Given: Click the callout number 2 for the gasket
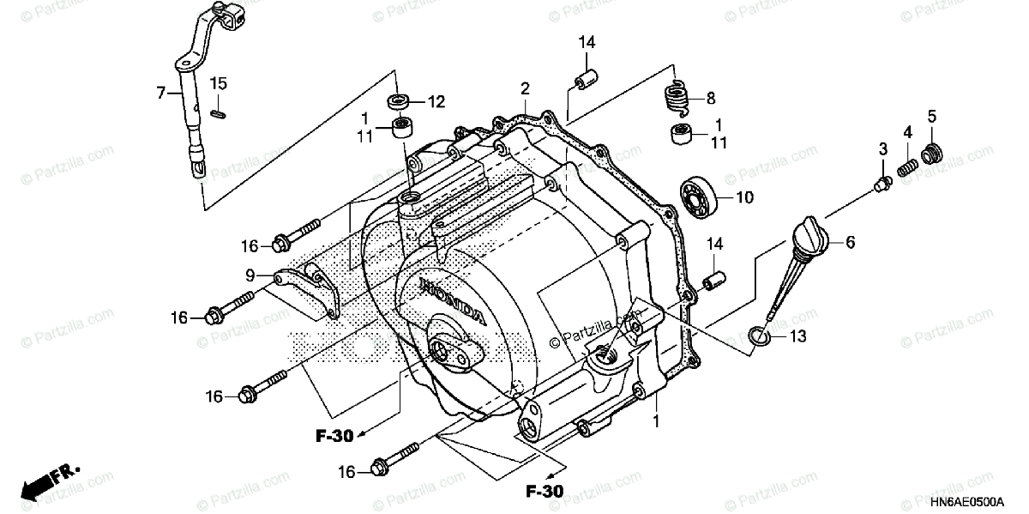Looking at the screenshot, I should [525, 88].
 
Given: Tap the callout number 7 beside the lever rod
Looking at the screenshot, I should [159, 93].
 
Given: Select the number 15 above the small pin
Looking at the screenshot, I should [219, 83].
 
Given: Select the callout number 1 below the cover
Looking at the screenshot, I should [656, 422].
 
